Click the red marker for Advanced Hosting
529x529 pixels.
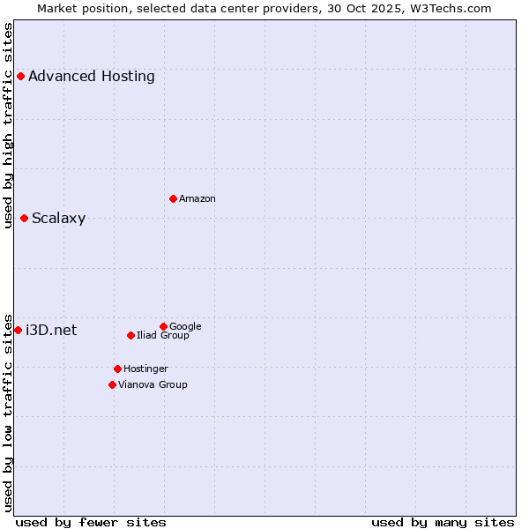tap(20, 77)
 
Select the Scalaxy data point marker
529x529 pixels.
tap(24, 219)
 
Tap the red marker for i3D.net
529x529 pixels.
tap(18, 330)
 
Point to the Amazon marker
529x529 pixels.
tap(173, 198)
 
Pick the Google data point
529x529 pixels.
tap(163, 326)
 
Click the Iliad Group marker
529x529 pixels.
tap(130, 335)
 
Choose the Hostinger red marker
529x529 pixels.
tap(117, 369)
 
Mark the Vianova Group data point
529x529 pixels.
tap(112, 384)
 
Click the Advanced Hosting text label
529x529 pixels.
tap(92, 77)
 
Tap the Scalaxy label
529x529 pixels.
tap(59, 219)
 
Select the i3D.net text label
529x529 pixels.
tap(51, 331)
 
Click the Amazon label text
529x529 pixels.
tap(197, 199)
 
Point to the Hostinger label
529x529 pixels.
tap(146, 369)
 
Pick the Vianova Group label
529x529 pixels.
tap(153, 384)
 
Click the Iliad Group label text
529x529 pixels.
tap(163, 336)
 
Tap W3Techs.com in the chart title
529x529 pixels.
tap(447, 8)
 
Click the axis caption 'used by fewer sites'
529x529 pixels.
tap(91, 523)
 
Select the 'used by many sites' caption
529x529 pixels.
tap(443, 523)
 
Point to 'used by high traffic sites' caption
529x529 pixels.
tap(9, 125)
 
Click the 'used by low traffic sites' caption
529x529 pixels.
tap(9, 413)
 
